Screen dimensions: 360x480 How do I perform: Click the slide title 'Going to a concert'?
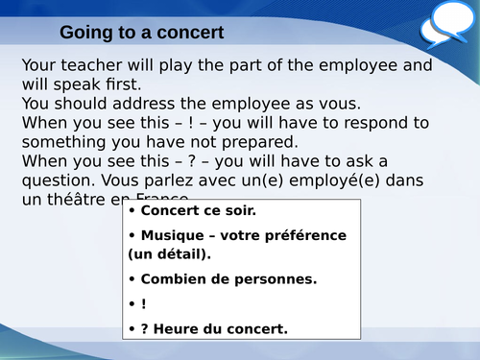(x=142, y=33)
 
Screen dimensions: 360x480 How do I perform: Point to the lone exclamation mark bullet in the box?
(x=144, y=304)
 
